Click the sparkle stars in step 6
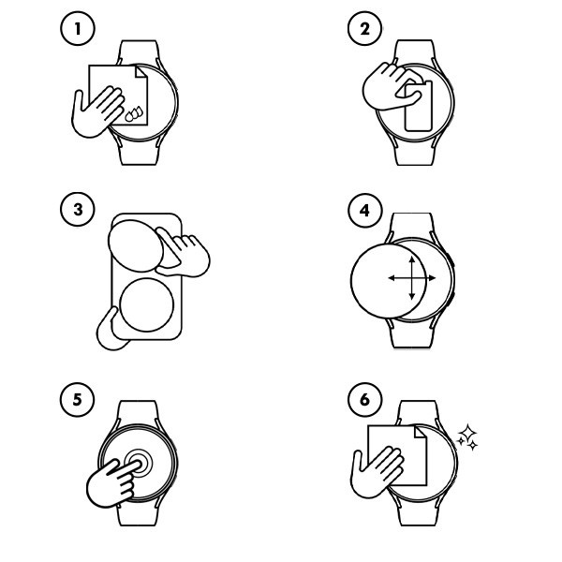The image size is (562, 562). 467,437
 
